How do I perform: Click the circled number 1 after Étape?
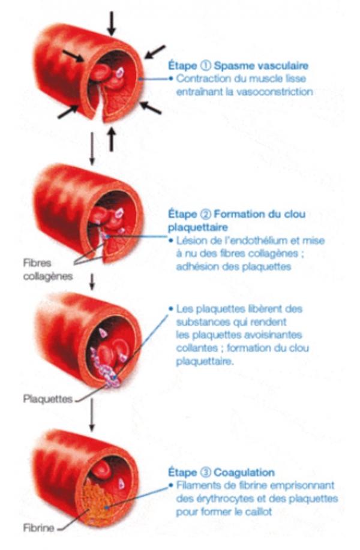205,65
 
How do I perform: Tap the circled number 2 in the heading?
205,214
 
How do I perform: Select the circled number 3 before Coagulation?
205,472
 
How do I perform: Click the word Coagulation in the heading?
244,473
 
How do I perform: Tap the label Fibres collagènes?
48,269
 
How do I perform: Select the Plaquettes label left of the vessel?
48,399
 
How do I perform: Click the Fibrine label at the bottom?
38,528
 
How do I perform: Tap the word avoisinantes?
268,335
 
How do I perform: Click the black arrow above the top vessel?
112,23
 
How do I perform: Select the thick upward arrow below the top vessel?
112,140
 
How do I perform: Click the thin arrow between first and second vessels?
92,148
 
